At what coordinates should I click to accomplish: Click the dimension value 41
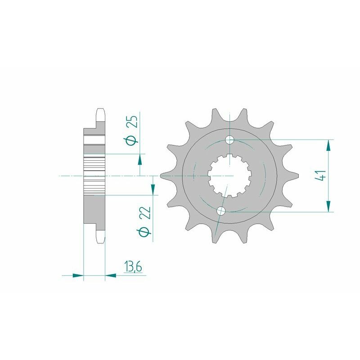pyautogui.click(x=321, y=175)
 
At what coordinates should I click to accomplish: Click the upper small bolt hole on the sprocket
pyautogui.click(x=230, y=139)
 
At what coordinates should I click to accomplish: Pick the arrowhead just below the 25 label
pyautogui.click(x=140, y=160)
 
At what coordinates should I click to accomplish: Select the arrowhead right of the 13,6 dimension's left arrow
pyautogui.click(x=110, y=274)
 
